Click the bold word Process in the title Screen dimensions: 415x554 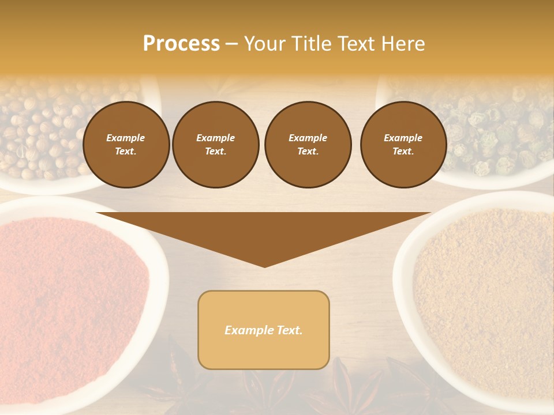pos(181,44)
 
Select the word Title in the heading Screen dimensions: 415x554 pos(311,44)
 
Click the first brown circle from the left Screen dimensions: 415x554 pos(126,144)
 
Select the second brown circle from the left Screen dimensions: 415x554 pos(215,144)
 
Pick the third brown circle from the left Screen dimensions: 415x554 pos(308,144)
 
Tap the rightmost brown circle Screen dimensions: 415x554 pos(403,144)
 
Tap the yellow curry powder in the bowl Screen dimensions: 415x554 pos(485,288)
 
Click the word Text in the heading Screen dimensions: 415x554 pos(356,44)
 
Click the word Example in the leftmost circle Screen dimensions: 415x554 pos(126,138)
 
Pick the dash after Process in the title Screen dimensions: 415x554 pos(231,44)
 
